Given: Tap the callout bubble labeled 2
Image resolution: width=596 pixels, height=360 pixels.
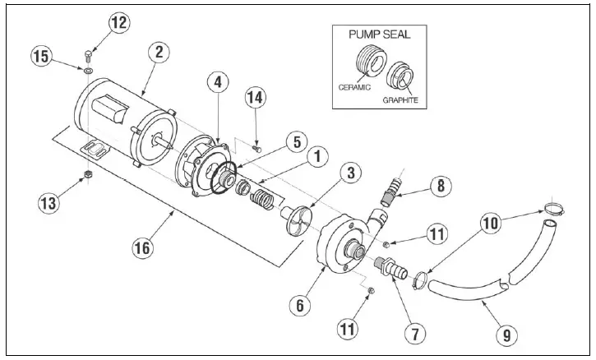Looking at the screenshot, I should pos(159,51).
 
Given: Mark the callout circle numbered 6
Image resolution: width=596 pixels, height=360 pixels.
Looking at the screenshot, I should pos(301,304).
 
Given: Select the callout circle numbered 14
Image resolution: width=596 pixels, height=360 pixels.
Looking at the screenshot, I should pos(256,97).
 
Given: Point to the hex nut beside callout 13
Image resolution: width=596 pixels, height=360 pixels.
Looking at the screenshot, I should pos(87,175).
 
